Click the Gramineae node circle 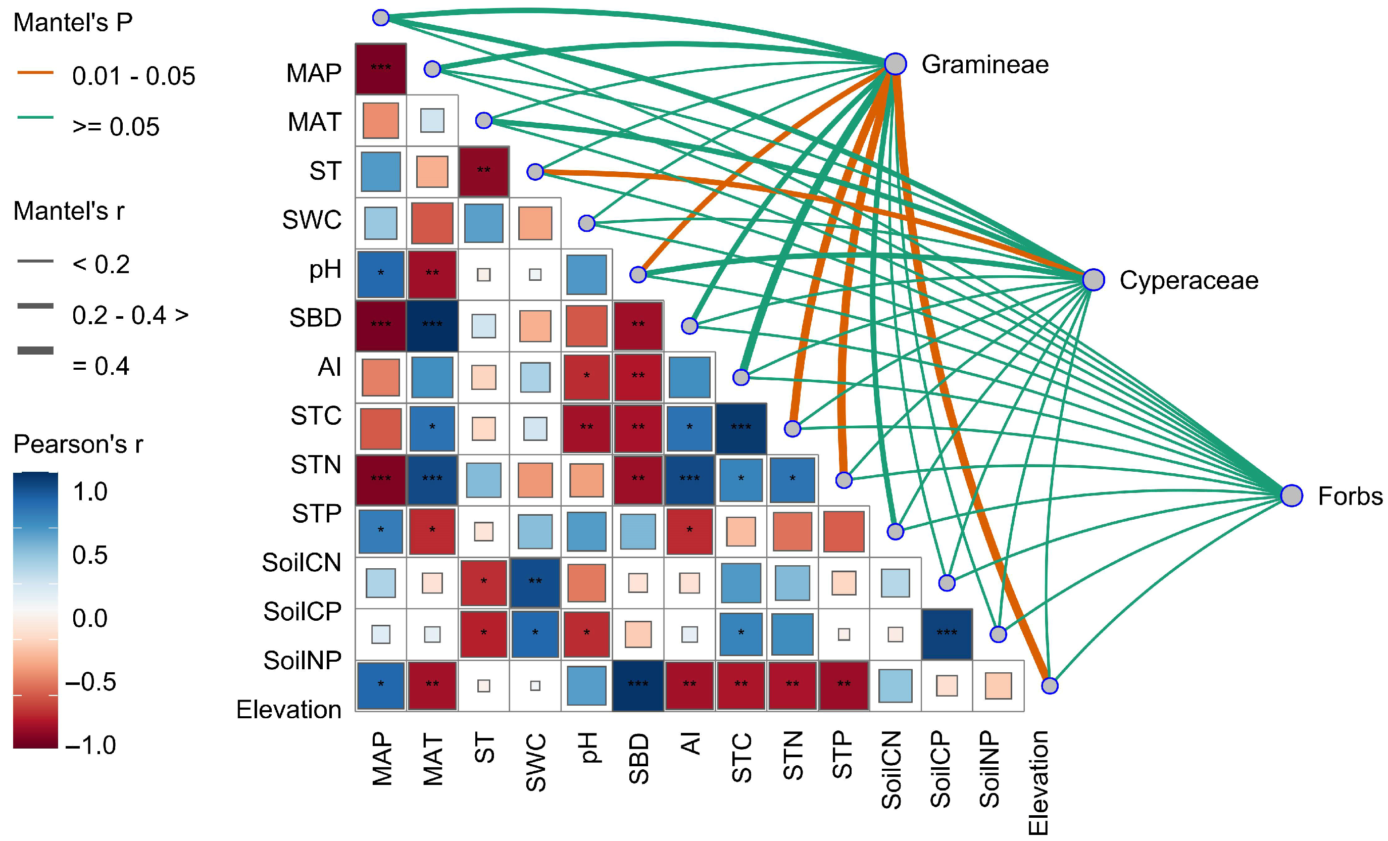[895, 64]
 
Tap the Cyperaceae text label [1188, 280]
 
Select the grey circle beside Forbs [1292, 496]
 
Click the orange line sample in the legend [35, 73]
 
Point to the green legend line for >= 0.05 [35, 118]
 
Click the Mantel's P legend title [73, 23]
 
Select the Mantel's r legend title [69, 211]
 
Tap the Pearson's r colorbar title [78, 444]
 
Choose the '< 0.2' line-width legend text [101, 264]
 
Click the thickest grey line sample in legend [35, 351]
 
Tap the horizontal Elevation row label [288, 710]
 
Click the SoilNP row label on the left [302, 660]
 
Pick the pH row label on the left [325, 269]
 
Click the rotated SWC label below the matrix [536, 762]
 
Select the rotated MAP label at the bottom [382, 759]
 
